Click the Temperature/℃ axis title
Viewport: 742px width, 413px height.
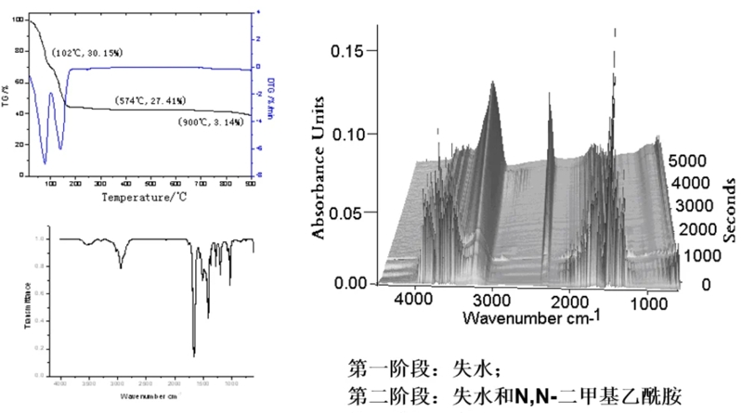pos(144,196)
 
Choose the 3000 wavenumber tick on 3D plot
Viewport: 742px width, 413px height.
pos(491,300)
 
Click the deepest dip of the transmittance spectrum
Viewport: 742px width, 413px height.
pos(193,354)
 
